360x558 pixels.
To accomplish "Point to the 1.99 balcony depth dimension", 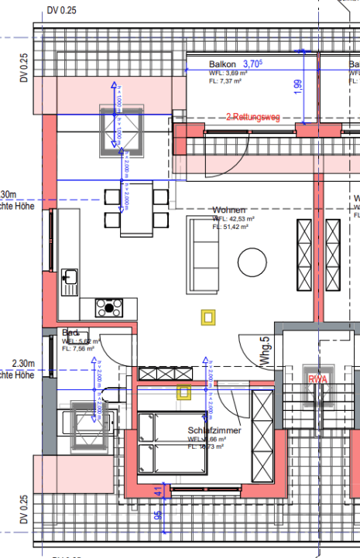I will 299,87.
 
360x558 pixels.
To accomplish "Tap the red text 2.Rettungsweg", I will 252,117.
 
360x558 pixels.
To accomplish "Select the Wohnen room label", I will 229,210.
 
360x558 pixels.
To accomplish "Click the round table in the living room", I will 251,260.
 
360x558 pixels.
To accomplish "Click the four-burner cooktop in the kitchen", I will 108,308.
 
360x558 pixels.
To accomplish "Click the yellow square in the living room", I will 207,316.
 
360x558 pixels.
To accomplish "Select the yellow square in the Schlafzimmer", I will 183,392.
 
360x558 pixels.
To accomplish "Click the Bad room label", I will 70,334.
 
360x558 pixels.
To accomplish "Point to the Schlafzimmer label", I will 214,430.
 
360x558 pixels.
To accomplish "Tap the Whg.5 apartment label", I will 264,350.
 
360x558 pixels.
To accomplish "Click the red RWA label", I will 317,379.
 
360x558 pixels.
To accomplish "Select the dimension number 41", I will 157,491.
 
